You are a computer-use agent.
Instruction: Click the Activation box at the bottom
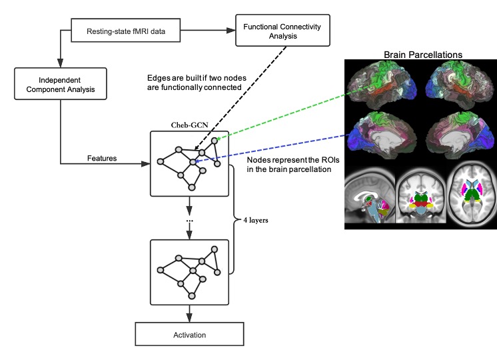tap(191, 335)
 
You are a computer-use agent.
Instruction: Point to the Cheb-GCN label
tap(190, 124)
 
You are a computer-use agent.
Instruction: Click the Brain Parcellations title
tap(423, 53)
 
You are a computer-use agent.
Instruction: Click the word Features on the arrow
tap(102, 158)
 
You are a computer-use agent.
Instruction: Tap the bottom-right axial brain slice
tap(471, 197)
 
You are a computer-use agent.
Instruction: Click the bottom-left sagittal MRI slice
tap(370, 197)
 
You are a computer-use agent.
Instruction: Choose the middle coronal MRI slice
tap(420, 197)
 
